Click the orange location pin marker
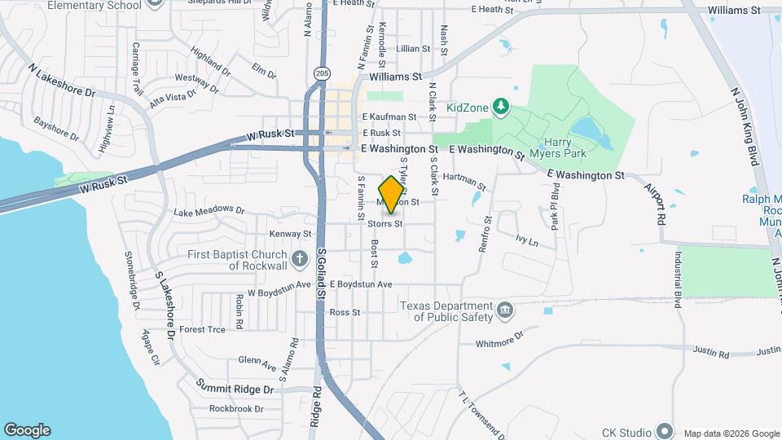(391, 195)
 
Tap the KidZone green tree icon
(502, 107)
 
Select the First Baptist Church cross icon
(300, 260)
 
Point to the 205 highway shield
(322, 73)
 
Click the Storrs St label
(384, 223)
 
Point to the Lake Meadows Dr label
(209, 212)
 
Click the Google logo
(27, 430)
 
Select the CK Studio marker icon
(665, 431)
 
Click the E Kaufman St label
(389, 117)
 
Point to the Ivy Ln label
(527, 241)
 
